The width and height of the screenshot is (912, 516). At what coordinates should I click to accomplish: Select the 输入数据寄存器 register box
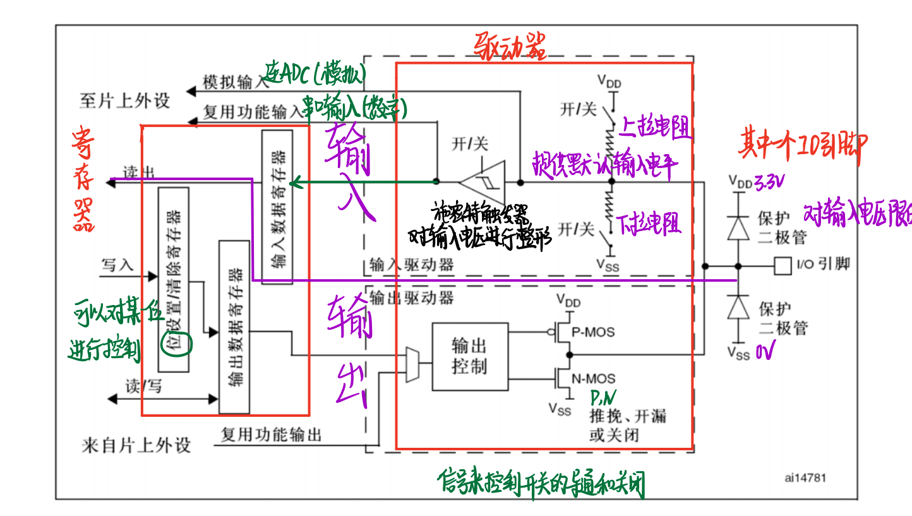pyautogui.click(x=277, y=207)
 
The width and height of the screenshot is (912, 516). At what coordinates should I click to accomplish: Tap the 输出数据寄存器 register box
pyautogui.click(x=234, y=327)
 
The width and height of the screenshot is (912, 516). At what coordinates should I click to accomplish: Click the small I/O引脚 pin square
pyautogui.click(x=783, y=265)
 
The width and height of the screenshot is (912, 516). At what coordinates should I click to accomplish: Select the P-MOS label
pyautogui.click(x=592, y=332)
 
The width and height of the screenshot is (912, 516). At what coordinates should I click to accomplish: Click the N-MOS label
pyautogui.click(x=593, y=379)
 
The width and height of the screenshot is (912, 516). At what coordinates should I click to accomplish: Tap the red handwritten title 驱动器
pyautogui.click(x=510, y=45)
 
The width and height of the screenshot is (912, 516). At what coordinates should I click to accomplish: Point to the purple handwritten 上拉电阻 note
pyautogui.click(x=655, y=129)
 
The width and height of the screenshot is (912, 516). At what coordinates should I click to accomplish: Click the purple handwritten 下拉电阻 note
pyautogui.click(x=649, y=224)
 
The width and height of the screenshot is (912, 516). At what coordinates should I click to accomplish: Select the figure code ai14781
pyautogui.click(x=805, y=478)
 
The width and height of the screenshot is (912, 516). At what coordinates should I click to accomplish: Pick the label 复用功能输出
pyautogui.click(x=271, y=435)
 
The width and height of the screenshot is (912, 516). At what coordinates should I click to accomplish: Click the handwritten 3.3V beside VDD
pyautogui.click(x=769, y=183)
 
